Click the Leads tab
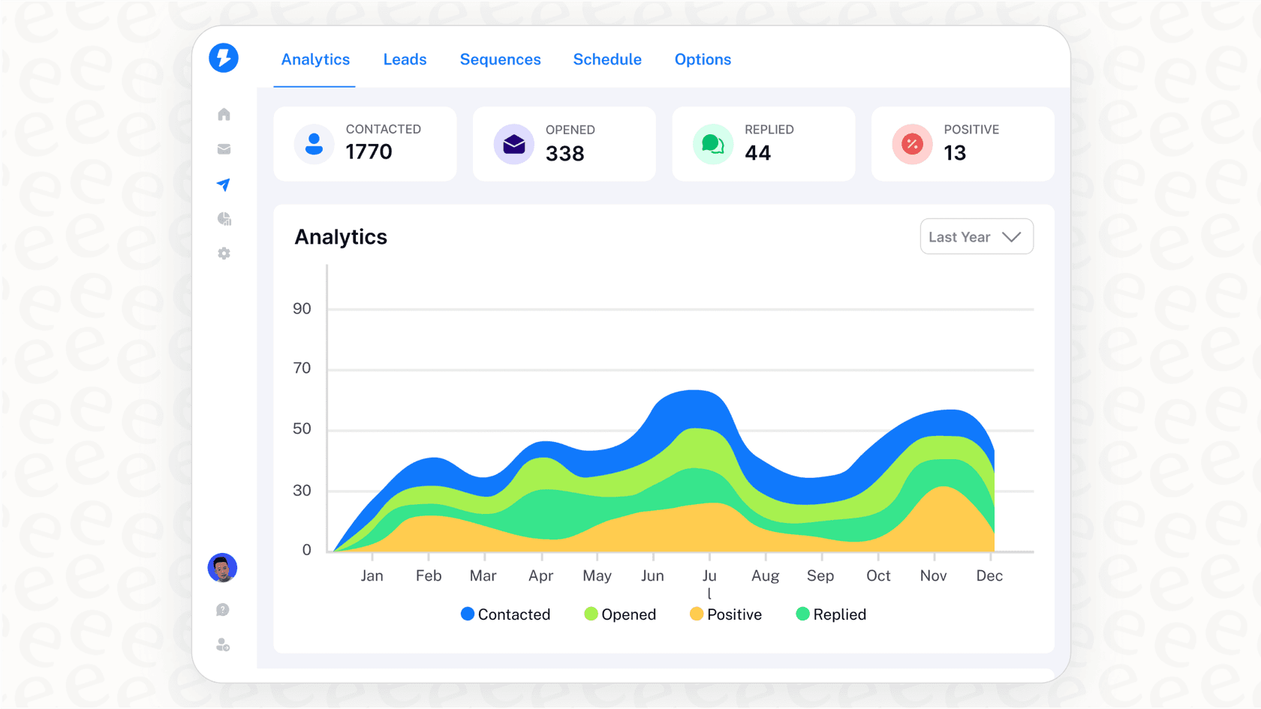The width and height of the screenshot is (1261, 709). click(x=405, y=59)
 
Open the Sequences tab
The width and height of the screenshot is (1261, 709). click(x=500, y=59)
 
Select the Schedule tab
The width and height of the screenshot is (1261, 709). click(x=607, y=59)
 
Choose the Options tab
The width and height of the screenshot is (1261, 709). click(x=703, y=59)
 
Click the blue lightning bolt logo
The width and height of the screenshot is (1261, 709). click(x=224, y=58)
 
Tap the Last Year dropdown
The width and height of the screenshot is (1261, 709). click(x=976, y=237)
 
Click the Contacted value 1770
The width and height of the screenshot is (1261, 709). click(x=369, y=152)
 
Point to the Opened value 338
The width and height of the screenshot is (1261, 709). click(x=564, y=153)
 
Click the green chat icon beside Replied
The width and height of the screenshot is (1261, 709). click(x=712, y=144)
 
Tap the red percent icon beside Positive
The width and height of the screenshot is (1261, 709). click(x=912, y=144)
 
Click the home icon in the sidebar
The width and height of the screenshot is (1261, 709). click(x=224, y=114)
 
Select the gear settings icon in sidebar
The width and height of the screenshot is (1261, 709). click(x=224, y=254)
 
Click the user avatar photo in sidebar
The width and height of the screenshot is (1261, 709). click(x=222, y=568)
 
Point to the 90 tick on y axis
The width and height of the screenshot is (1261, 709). click(x=302, y=308)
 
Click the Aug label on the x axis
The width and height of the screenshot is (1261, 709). click(x=765, y=575)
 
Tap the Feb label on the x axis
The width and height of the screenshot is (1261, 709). click(x=429, y=575)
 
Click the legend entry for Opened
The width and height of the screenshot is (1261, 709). click(x=620, y=614)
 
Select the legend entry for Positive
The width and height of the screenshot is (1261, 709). click(x=726, y=614)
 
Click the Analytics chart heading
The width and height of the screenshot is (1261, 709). click(x=341, y=237)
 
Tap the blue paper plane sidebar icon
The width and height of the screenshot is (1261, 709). click(x=224, y=185)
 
